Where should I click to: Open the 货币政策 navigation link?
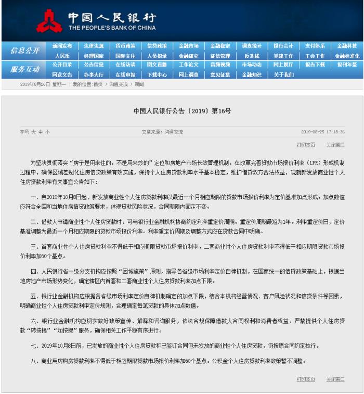[x=125, y=46]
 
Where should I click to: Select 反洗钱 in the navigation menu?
[x=252, y=56]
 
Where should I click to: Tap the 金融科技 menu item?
[x=347, y=46]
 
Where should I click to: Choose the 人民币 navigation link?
[x=62, y=56]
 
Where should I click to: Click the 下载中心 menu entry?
[x=157, y=74]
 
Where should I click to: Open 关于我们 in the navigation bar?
[x=283, y=74]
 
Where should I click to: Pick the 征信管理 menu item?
[x=220, y=56]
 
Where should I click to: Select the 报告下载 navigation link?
[x=315, y=65]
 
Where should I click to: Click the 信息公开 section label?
[x=24, y=50]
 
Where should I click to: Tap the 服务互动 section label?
[x=24, y=69]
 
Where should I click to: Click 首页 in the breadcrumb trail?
[x=98, y=84]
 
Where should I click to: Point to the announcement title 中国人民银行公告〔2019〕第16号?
[x=182, y=111]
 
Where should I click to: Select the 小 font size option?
[x=47, y=132]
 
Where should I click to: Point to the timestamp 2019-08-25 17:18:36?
[x=322, y=132]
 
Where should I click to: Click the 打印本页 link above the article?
[x=306, y=145]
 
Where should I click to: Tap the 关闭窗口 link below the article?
[x=335, y=379]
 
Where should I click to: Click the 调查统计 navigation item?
[x=252, y=46]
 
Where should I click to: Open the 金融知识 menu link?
[x=252, y=74]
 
